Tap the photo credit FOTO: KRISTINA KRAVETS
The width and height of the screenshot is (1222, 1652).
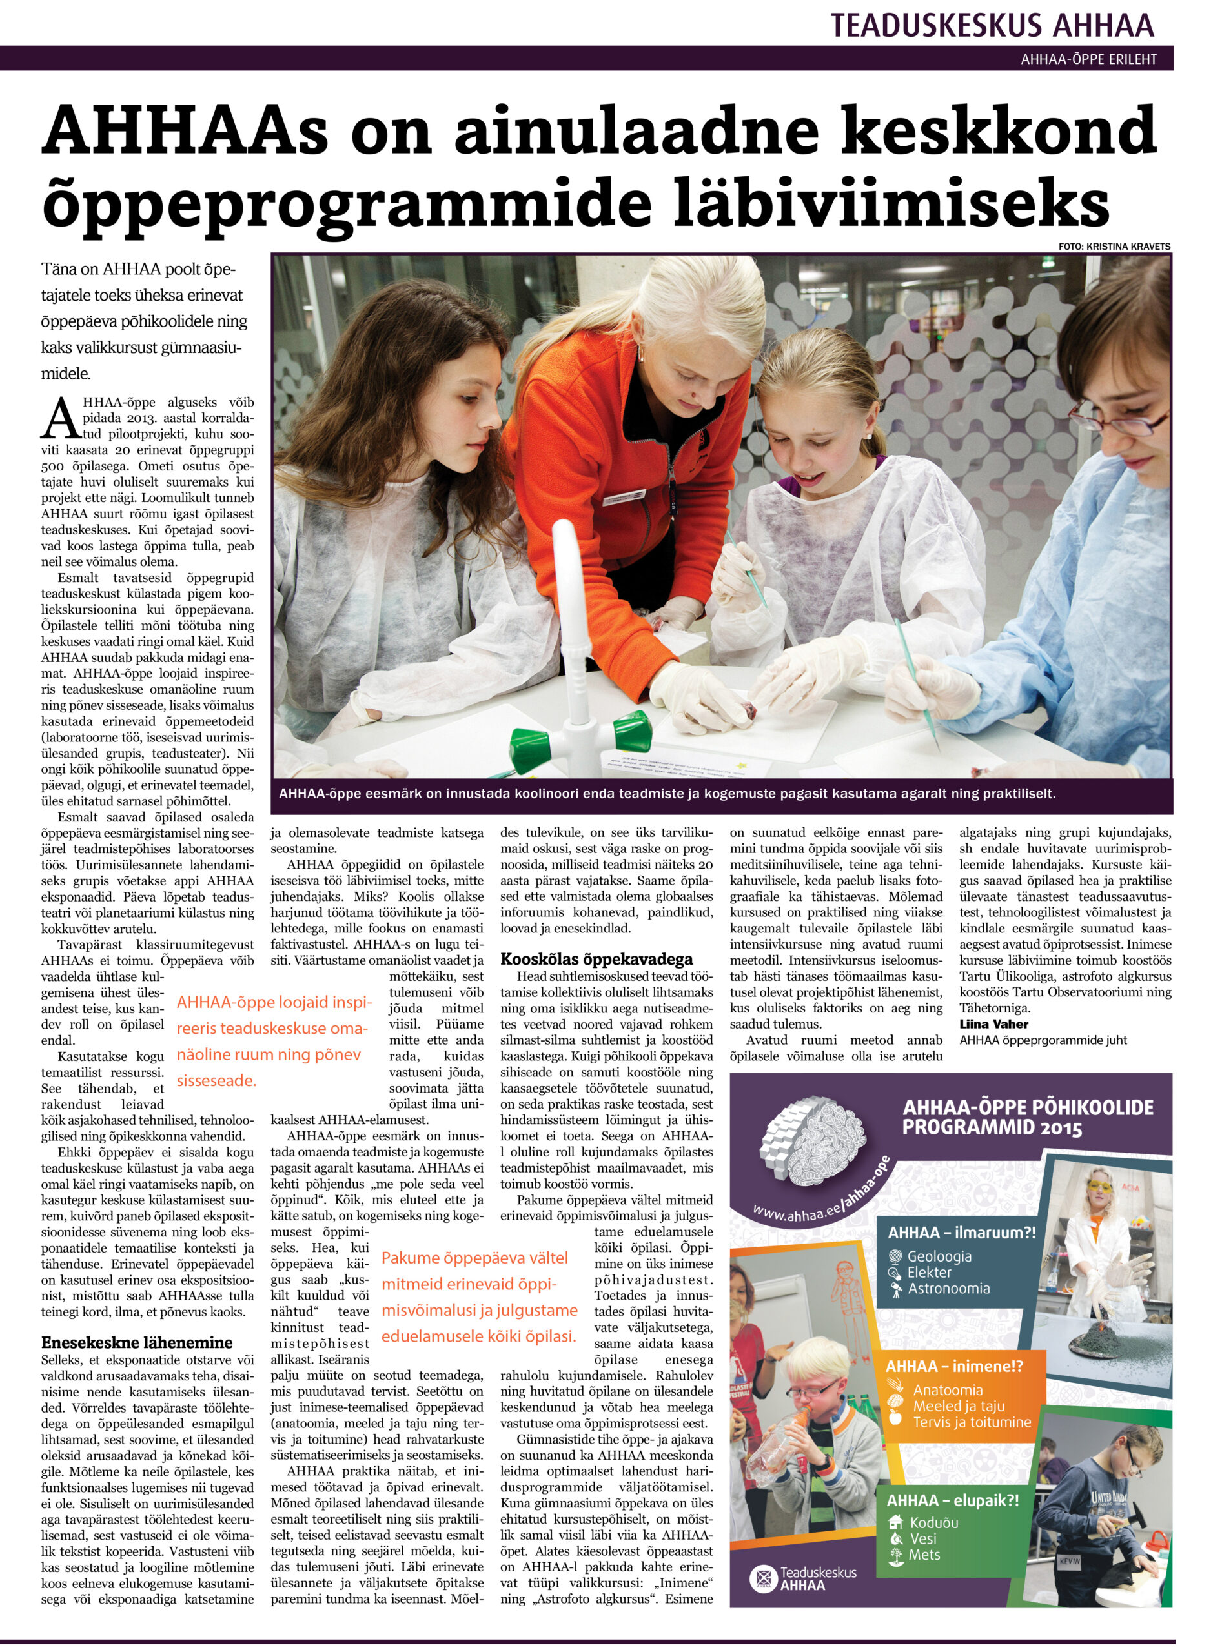point(1114,247)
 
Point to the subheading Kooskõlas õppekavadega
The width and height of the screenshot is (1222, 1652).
point(597,959)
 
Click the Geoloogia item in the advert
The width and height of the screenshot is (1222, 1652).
point(939,1256)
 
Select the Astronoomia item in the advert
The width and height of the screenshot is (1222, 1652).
point(948,1289)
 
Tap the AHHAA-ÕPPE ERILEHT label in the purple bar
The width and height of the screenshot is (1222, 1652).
point(1088,59)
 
